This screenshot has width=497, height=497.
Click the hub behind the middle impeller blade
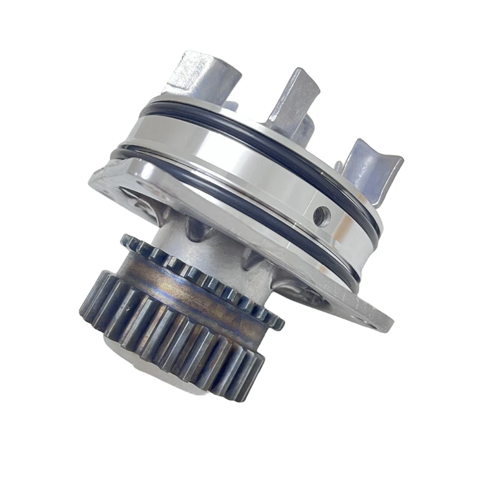click(x=304, y=127)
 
